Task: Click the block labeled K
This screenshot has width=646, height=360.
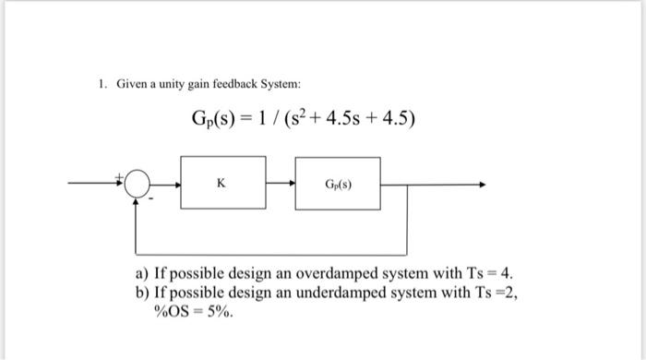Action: click(221, 184)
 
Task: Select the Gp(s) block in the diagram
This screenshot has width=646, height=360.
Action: click(338, 184)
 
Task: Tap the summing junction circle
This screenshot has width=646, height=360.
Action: click(138, 185)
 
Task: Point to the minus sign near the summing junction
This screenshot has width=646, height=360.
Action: click(151, 196)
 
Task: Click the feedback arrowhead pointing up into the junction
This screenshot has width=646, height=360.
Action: click(138, 199)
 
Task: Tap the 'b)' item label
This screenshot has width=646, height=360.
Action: click(143, 294)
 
